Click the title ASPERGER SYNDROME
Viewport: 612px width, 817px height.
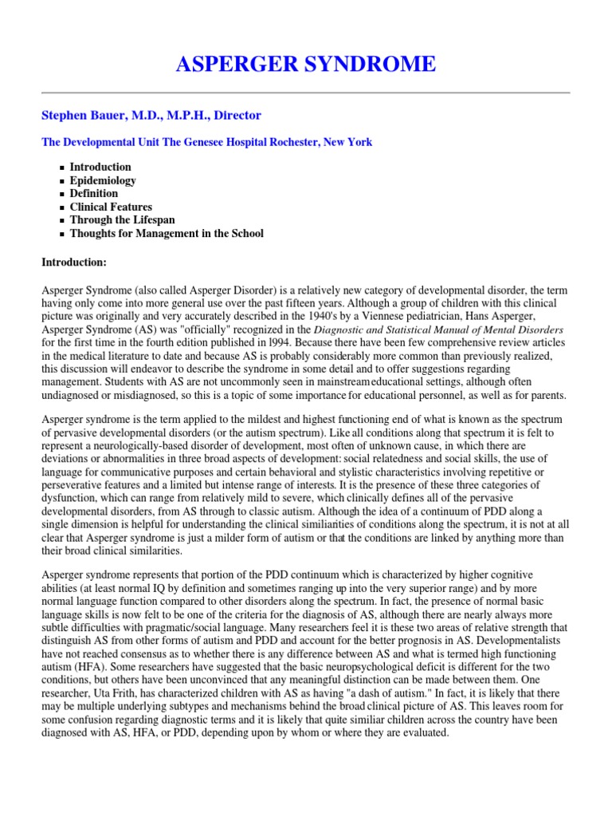tap(306, 64)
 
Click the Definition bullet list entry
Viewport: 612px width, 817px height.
tap(93, 193)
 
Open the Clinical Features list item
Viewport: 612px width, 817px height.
tap(111, 207)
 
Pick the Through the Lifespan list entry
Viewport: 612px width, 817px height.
tap(122, 220)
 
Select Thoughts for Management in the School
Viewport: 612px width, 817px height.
tap(166, 233)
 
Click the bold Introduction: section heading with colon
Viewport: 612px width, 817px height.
tap(79, 262)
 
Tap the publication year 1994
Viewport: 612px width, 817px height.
tap(282, 342)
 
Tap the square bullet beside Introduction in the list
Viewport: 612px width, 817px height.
tap(62, 168)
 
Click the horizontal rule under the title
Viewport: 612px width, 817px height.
tap(306, 93)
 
